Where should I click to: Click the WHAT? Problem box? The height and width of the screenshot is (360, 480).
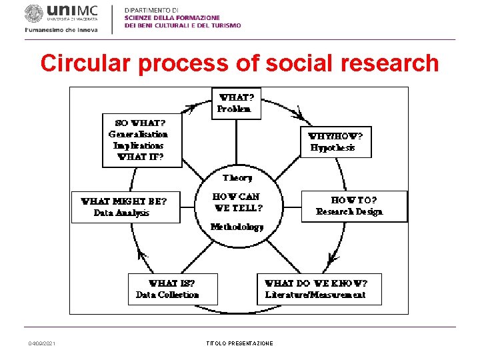(x=236, y=103)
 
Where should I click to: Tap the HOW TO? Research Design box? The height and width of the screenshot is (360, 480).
(x=354, y=206)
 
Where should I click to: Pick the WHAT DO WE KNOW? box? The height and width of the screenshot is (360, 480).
(x=319, y=289)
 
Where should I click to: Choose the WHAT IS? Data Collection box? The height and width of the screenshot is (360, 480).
(x=167, y=289)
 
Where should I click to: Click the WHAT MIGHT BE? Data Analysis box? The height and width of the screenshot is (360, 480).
(x=125, y=207)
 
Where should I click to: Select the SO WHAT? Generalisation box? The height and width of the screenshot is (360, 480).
(x=141, y=140)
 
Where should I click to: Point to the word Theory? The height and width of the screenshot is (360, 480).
(x=237, y=178)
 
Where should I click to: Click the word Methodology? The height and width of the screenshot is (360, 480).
(x=237, y=227)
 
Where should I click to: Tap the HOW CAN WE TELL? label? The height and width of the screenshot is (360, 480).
(x=237, y=202)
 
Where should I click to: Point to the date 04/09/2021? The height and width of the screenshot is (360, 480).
(x=42, y=343)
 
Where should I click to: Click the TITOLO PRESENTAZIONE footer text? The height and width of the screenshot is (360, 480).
(x=239, y=343)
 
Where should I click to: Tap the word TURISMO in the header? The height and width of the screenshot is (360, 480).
(x=225, y=25)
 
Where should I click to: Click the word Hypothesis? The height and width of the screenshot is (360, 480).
(x=333, y=148)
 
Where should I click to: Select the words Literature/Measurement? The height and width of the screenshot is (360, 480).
(x=315, y=295)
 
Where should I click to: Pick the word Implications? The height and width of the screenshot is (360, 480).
(x=138, y=145)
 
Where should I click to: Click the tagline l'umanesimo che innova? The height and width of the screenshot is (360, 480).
(x=61, y=30)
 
